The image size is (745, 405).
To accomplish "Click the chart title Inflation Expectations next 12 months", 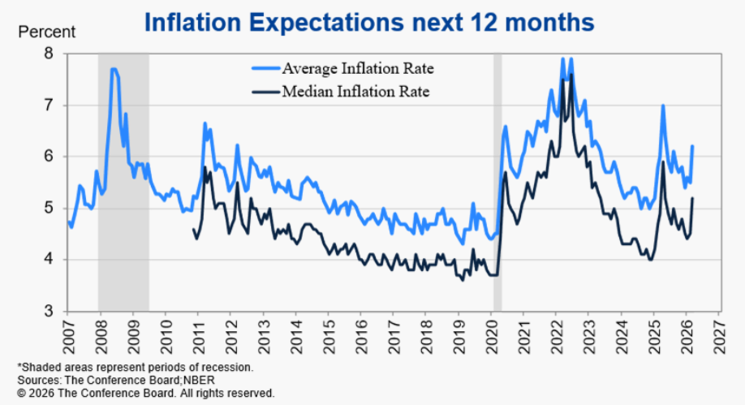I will point(369,23).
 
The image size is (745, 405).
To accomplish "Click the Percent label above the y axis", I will point(46,33).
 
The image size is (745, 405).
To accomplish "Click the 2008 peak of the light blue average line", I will point(114,69).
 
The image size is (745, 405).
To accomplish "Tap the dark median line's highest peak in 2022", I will point(571,75).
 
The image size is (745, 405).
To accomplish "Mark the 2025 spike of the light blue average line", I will point(663,106).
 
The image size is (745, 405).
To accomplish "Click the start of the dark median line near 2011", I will point(193,230).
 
